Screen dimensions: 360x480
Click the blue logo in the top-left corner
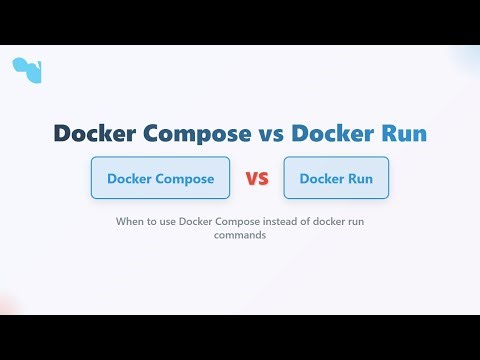click(27, 70)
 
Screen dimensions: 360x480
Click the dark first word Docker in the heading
click(92, 134)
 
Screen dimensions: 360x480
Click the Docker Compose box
click(160, 179)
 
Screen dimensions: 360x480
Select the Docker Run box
click(336, 179)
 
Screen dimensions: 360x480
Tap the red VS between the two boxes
click(257, 180)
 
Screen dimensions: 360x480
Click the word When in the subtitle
click(131, 222)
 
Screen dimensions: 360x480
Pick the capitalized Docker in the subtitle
click(198, 222)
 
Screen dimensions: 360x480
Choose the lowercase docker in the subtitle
click(340, 222)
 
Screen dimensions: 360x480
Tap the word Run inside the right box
click(360, 179)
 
